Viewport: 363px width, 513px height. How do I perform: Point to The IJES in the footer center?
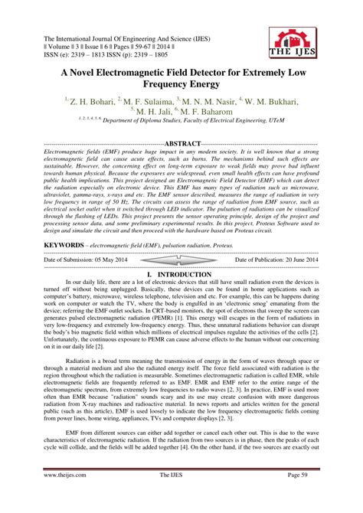181,497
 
